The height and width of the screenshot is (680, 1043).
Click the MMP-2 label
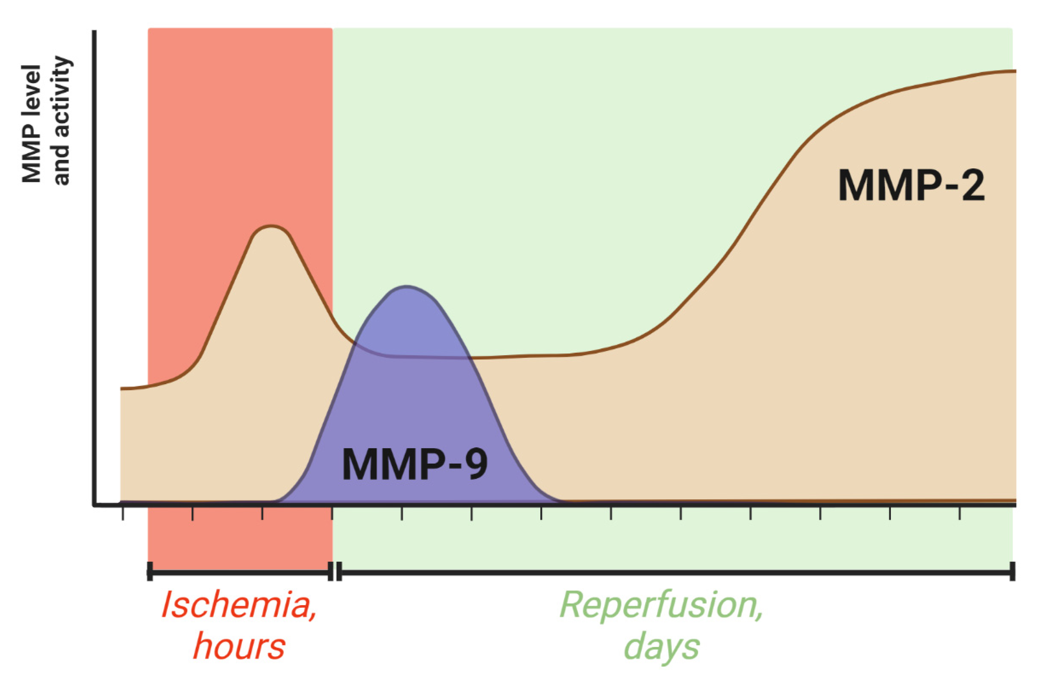912,186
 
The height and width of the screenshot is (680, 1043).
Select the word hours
239,646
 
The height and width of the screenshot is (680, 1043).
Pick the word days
662,646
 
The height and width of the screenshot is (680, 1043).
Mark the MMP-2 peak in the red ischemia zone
272,226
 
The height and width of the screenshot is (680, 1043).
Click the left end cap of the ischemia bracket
150,571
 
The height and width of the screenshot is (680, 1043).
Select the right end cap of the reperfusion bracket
1012,571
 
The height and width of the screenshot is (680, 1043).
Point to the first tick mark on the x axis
123,513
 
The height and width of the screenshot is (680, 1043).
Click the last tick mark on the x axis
960,513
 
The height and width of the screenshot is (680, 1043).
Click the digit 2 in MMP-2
971,186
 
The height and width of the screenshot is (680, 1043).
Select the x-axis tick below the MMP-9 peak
402,513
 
